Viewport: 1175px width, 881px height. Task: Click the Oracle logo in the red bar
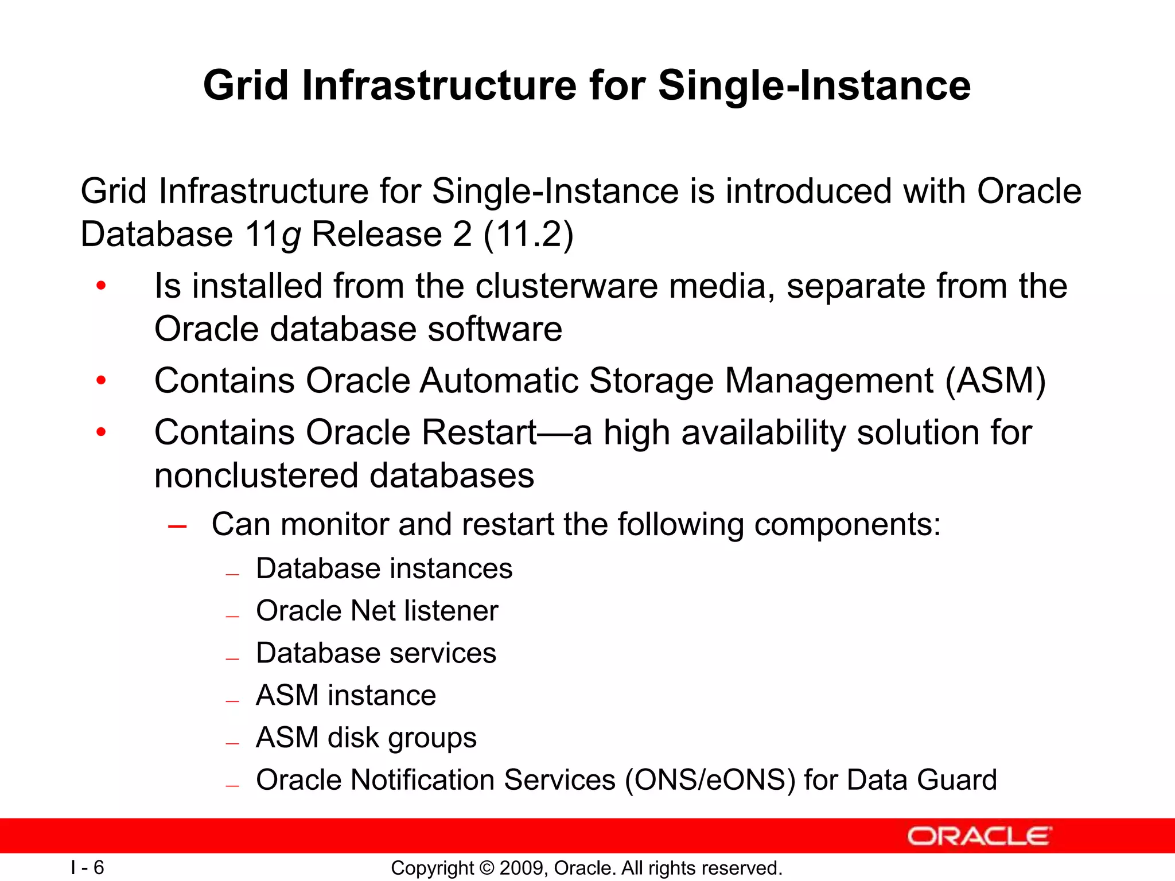[979, 836]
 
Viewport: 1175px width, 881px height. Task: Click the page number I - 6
[87, 867]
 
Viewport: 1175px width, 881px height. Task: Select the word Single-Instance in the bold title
[814, 85]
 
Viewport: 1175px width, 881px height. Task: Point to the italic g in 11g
[291, 236]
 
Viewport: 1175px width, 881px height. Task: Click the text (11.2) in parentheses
[528, 234]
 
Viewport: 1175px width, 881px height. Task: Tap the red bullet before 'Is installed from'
[101, 286]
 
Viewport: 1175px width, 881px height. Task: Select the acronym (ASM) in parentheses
[995, 380]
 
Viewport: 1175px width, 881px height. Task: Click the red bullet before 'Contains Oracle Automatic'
[101, 380]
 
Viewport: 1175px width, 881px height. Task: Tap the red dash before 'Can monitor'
[177, 525]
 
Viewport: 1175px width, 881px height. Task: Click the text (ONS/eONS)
[710, 780]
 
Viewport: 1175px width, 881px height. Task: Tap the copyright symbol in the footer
[487, 868]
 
